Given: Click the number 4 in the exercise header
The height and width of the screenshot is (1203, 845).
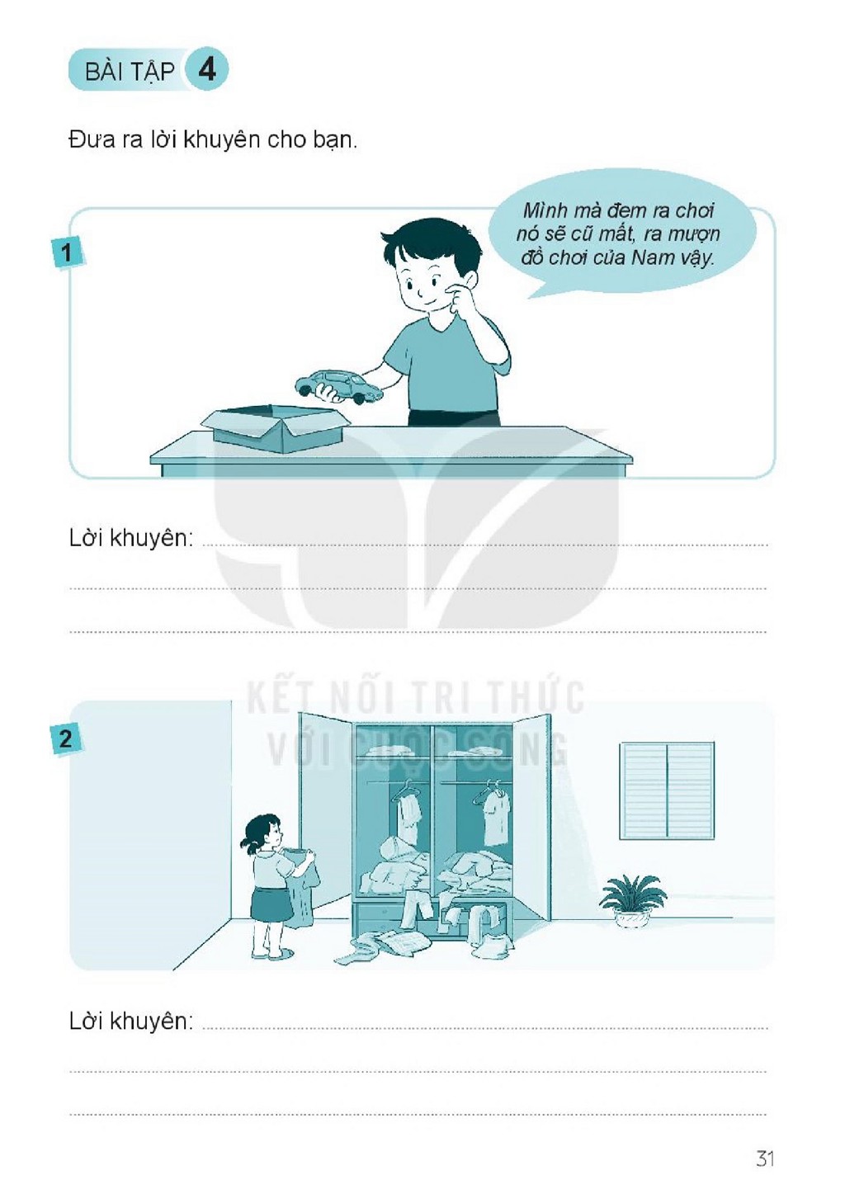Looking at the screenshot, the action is [x=207, y=70].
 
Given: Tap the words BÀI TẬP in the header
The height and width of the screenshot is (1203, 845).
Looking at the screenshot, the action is [x=130, y=72].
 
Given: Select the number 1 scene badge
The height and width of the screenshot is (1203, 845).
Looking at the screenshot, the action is [x=67, y=252].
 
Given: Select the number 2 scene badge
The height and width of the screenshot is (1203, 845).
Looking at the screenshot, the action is [x=65, y=740].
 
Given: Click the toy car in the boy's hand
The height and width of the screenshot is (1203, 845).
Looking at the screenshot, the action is [x=339, y=385].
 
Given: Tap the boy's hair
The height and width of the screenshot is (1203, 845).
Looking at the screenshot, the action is [x=424, y=242].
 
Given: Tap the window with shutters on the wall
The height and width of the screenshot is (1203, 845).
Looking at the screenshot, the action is [x=668, y=790].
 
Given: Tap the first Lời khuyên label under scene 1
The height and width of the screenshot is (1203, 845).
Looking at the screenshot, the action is [x=131, y=538].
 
